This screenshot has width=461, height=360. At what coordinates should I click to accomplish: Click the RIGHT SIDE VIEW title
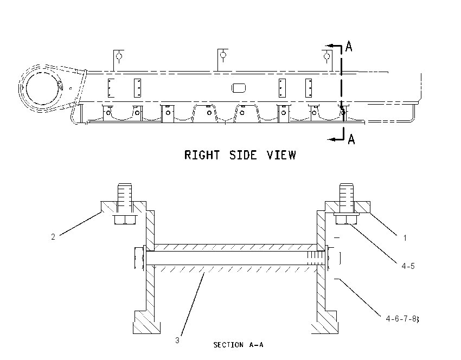(x=240, y=155)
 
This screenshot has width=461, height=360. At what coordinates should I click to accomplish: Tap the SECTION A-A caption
(x=238, y=345)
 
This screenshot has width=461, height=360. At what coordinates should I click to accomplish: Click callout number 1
(x=405, y=238)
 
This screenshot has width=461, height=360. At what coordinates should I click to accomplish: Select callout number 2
(x=53, y=236)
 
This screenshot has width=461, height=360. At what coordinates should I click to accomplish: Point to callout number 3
(x=177, y=340)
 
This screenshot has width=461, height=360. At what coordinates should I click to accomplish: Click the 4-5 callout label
(x=408, y=266)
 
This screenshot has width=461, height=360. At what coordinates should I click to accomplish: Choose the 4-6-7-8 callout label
(x=402, y=319)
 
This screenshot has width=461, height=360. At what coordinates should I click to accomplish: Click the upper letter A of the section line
(x=349, y=46)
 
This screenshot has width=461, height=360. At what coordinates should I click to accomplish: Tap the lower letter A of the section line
(x=351, y=139)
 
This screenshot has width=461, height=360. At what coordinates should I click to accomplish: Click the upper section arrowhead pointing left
(x=331, y=46)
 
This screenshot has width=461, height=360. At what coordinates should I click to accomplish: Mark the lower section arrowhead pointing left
(x=332, y=139)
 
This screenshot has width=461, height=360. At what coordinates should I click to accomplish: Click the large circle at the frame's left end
(x=42, y=88)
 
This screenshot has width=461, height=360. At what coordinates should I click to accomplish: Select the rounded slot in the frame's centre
(x=239, y=88)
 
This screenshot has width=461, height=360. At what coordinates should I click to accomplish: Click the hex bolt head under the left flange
(x=125, y=220)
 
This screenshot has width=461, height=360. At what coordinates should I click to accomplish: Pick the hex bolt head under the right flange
(x=346, y=219)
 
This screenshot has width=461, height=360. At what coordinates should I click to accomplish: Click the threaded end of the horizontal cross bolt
(x=316, y=258)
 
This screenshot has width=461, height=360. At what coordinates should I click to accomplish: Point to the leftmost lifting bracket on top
(x=118, y=60)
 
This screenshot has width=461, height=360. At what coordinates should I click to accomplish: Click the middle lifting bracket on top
(x=222, y=60)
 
